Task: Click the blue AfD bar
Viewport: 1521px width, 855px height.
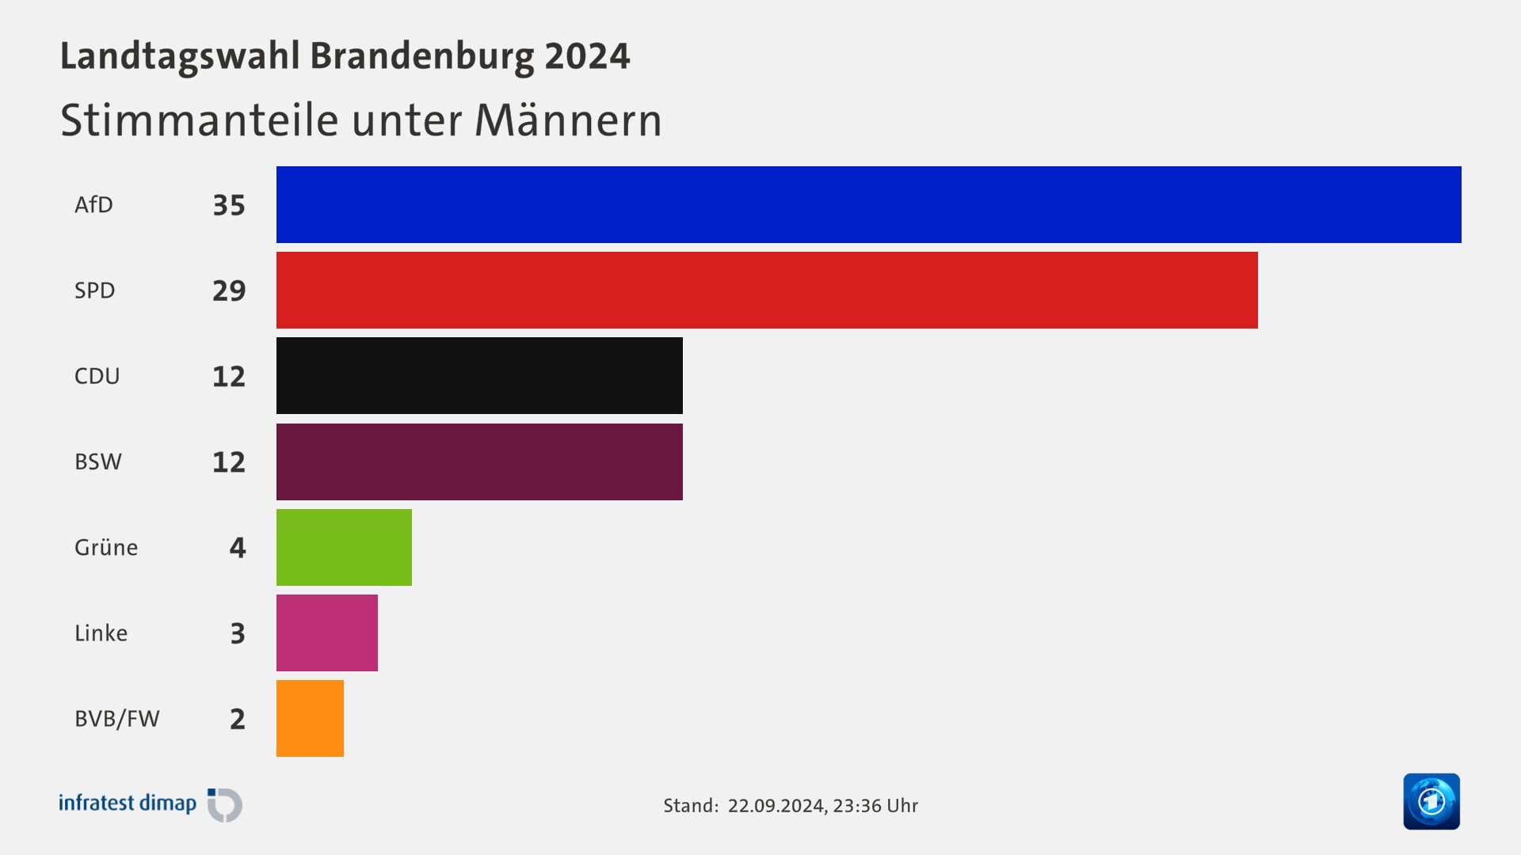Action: [868, 204]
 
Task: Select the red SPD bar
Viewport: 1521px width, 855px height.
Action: [767, 290]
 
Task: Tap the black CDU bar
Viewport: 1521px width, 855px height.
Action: [479, 375]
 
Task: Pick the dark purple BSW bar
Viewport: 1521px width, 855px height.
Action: [479, 462]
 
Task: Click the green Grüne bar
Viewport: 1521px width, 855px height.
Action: [344, 547]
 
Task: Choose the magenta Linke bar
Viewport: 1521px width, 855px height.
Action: [326, 633]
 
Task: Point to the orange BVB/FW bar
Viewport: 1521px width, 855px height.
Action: [310, 718]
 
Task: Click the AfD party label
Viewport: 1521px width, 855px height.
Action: [93, 205]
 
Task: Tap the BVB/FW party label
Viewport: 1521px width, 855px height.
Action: [116, 719]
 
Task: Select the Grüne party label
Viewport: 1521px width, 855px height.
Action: [105, 548]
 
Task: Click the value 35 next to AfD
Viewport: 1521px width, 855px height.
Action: [229, 206]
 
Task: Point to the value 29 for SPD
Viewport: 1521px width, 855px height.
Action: [229, 291]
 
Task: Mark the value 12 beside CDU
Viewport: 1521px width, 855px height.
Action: [229, 377]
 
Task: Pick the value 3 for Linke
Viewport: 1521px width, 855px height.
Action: [238, 633]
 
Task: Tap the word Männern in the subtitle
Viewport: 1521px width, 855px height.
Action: [567, 120]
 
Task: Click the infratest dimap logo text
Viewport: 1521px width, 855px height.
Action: [128, 804]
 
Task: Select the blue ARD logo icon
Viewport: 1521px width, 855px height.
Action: [1431, 801]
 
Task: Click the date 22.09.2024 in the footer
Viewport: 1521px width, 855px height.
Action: [776, 806]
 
